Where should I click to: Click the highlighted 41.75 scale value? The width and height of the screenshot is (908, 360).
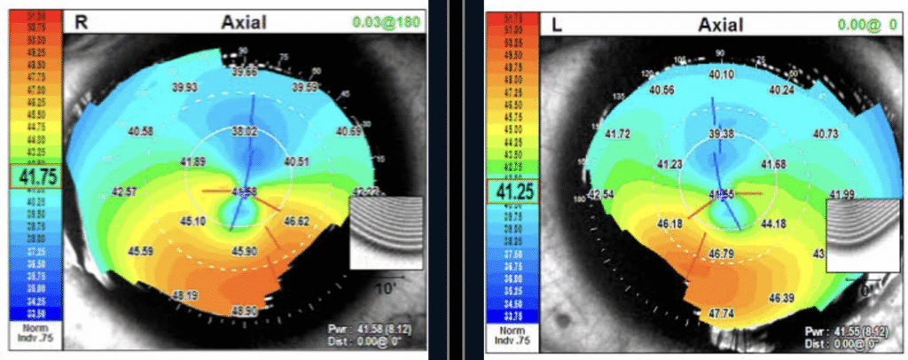click(x=33, y=176)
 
